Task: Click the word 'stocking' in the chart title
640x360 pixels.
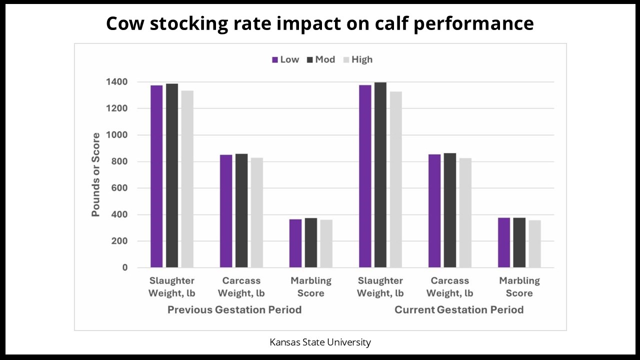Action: click(180, 23)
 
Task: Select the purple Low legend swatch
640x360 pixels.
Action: click(275, 60)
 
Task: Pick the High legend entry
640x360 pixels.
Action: click(357, 59)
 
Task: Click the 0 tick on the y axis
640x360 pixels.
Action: click(125, 267)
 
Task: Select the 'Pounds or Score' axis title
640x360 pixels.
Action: click(95, 174)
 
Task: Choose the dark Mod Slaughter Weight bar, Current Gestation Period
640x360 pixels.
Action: click(380, 175)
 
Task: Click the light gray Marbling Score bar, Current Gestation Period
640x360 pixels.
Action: click(535, 244)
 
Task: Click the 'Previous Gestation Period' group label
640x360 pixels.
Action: click(234, 310)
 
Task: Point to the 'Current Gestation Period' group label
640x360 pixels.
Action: click(459, 310)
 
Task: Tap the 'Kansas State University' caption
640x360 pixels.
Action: click(320, 342)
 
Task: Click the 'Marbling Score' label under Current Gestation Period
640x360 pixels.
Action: click(519, 287)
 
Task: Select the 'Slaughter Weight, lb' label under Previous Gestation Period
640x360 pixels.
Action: click(171, 287)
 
